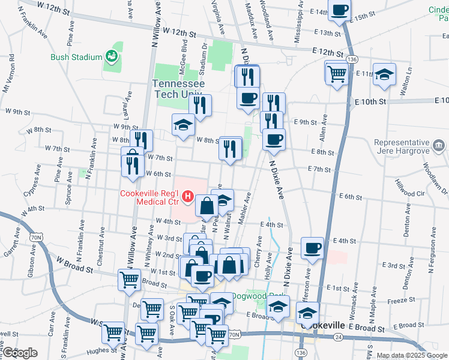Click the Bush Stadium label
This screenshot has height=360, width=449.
point(76,58)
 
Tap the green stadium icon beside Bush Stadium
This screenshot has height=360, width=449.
point(111,57)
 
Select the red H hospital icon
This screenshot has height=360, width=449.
point(188,196)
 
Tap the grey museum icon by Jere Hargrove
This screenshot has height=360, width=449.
point(439,145)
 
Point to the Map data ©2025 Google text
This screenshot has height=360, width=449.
point(412,355)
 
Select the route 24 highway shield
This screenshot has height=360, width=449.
point(339,337)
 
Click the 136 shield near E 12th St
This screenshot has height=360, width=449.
point(352,60)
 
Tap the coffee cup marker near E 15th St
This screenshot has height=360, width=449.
point(340,10)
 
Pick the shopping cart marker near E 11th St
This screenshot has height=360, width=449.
point(337,74)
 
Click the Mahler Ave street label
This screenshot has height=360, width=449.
point(245,208)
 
